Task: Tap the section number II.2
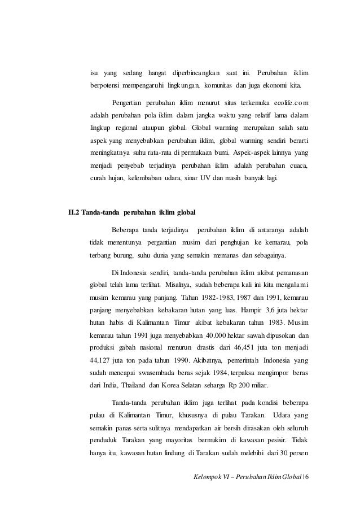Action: point(73,213)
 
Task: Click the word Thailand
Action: point(138,403)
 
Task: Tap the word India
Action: point(107,403)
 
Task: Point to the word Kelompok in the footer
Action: point(208,487)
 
